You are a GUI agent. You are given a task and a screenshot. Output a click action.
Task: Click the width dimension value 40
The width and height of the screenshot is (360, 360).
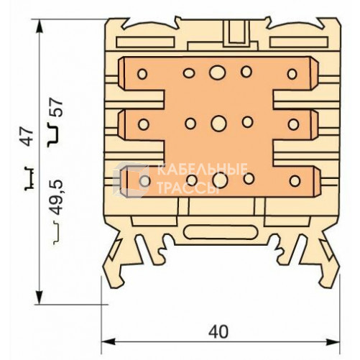tap(218, 331)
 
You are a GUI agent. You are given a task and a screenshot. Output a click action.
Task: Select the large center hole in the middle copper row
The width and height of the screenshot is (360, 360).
tap(218, 123)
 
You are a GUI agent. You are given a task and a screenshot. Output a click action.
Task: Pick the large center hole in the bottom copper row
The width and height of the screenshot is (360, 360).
tap(220, 180)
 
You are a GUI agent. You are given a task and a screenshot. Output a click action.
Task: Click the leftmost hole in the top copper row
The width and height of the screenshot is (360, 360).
tap(142, 73)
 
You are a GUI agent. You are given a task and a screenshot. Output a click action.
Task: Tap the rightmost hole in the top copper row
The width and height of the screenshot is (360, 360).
tap(292, 74)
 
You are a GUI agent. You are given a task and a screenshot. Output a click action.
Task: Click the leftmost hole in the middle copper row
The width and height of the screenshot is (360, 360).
tap(143, 124)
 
